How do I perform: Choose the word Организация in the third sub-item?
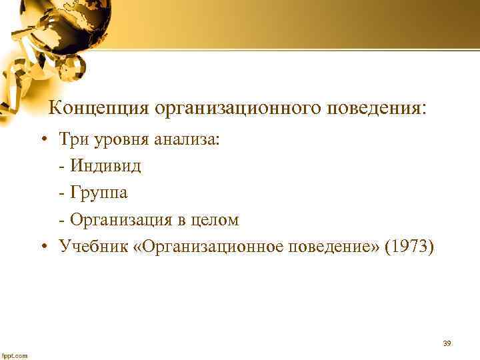(119, 221)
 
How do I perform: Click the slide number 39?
(447, 343)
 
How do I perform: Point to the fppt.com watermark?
(15, 355)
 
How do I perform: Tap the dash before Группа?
(62, 194)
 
